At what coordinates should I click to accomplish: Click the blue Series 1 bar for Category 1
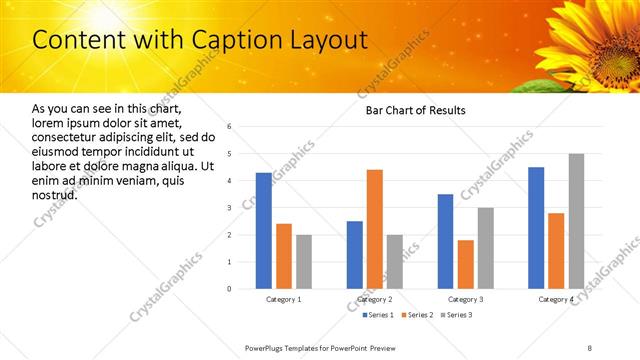click(264, 231)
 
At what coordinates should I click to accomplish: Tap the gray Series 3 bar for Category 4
click(576, 221)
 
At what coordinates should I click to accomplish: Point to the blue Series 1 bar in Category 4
click(536, 228)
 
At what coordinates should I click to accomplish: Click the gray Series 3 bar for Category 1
click(304, 262)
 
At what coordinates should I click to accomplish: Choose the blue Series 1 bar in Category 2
click(355, 255)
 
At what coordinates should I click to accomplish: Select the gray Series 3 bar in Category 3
click(486, 248)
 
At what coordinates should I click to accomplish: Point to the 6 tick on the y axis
click(229, 127)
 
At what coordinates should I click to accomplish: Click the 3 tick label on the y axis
click(229, 208)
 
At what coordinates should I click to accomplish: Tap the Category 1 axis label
click(284, 300)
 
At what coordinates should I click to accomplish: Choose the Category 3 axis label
click(465, 300)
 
